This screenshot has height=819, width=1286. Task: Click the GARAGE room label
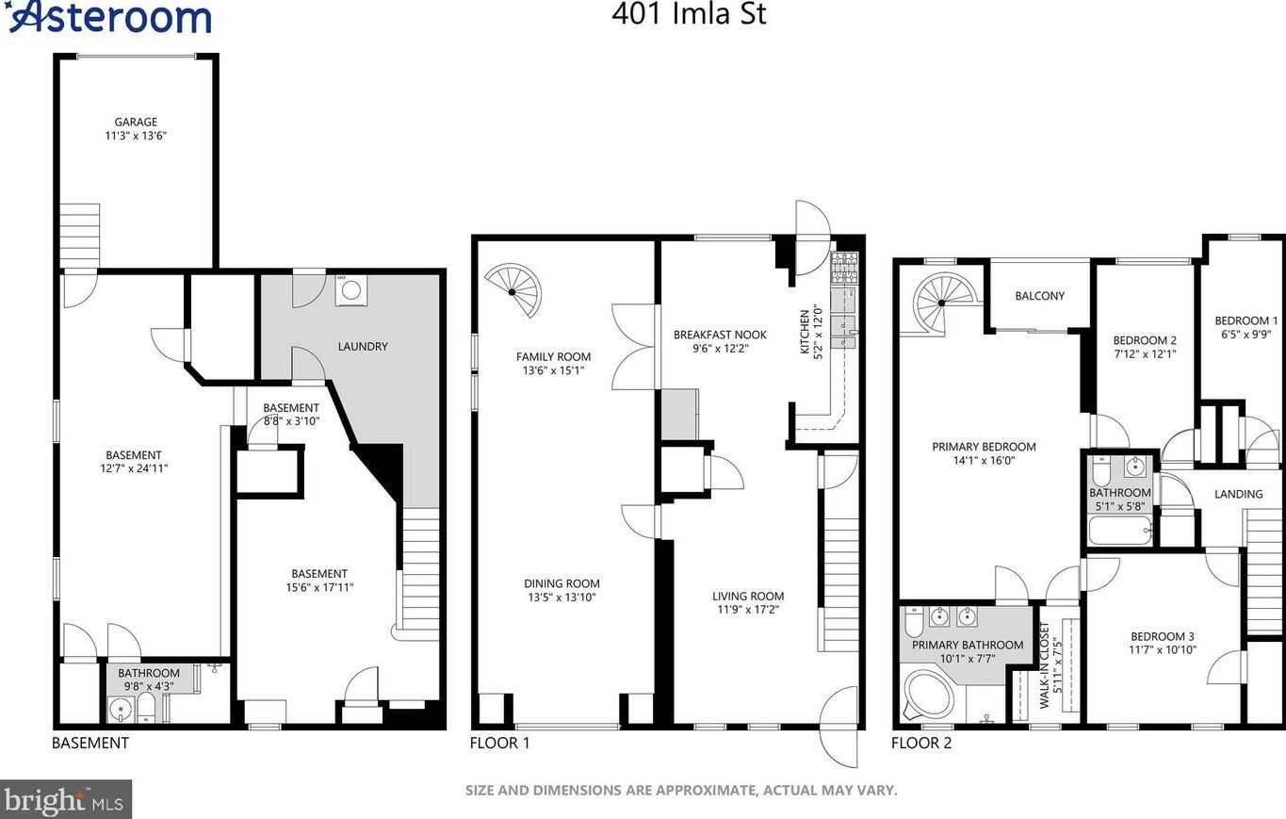[x=136, y=122]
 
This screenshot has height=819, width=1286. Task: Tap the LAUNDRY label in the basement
[x=363, y=346]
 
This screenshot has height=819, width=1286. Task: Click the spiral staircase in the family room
[x=513, y=290]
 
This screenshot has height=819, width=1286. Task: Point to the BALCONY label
[x=1040, y=296]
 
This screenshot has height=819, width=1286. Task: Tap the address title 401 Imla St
[x=689, y=14]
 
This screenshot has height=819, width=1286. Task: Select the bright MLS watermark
[x=65, y=799]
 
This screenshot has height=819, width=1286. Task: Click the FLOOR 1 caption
[x=499, y=743]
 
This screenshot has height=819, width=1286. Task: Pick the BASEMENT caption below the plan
[x=90, y=743]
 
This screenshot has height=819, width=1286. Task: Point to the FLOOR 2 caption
[x=921, y=743]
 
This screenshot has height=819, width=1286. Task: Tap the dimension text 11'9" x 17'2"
[x=747, y=610]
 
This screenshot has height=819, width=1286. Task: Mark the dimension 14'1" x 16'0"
[x=984, y=460]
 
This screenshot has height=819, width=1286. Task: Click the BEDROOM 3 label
[x=1163, y=636]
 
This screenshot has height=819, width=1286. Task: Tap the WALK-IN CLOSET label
[x=1044, y=664]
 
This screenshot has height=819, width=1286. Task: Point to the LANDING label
[x=1238, y=494]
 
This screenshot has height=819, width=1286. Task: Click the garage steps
[x=80, y=236]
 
